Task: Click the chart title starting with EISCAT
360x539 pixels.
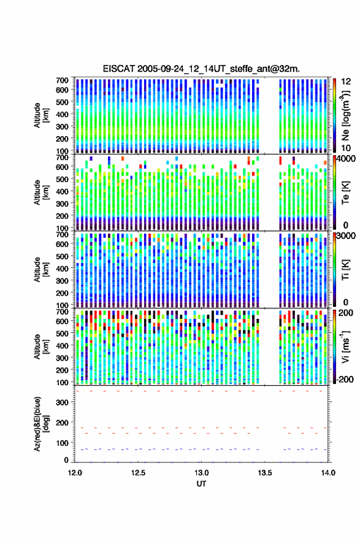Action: pos(201,69)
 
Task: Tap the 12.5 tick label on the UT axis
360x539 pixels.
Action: pos(138,473)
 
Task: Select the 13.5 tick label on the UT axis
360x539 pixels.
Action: pos(264,473)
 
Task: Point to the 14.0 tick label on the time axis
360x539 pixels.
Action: pos(327,473)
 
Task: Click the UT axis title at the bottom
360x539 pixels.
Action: pos(201,484)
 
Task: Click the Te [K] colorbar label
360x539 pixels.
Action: pos(346,193)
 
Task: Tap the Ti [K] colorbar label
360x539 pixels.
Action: pos(346,270)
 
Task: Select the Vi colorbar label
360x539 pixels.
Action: pos(346,346)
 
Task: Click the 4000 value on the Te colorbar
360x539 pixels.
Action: pos(346,159)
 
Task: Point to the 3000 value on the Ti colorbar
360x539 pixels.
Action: pos(346,236)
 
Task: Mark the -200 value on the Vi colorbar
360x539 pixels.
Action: pos(345,379)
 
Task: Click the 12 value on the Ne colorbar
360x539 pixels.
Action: pos(345,82)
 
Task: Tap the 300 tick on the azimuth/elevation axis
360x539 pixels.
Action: pos(62,402)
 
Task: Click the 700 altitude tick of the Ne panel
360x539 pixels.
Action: pos(62,80)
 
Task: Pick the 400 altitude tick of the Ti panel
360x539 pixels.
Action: pos(62,269)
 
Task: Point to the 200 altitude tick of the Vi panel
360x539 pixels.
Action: pos(62,370)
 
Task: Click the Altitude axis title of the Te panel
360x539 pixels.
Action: pos(40,193)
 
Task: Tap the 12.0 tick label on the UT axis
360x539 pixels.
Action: pos(75,473)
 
